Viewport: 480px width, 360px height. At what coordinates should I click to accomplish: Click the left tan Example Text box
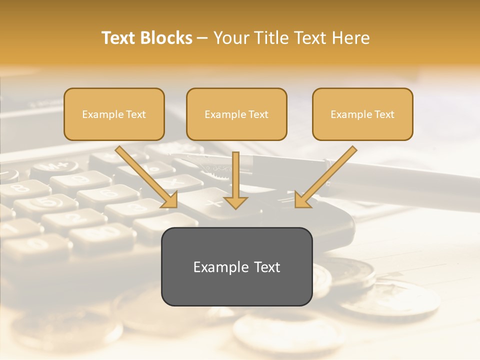click(x=114, y=114)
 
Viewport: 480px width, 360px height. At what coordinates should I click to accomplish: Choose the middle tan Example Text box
click(x=236, y=114)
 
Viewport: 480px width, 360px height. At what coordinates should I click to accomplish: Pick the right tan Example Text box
click(x=362, y=114)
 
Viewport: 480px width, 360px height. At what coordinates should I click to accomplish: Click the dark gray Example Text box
click(x=236, y=266)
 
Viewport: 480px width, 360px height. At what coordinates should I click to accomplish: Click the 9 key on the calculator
click(x=80, y=180)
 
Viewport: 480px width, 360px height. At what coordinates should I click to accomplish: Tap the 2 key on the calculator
click(x=75, y=217)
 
